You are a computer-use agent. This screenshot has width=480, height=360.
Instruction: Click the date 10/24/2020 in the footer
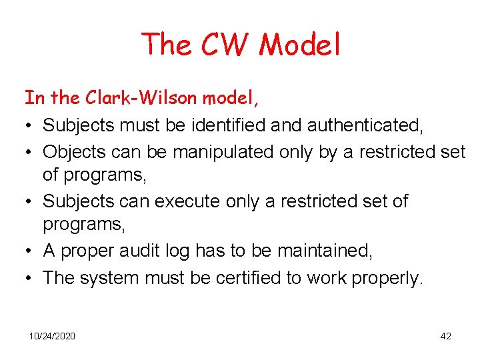point(52,336)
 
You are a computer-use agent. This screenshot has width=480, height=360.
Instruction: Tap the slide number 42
point(446,336)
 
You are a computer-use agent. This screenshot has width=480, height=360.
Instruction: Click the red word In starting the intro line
point(34,98)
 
